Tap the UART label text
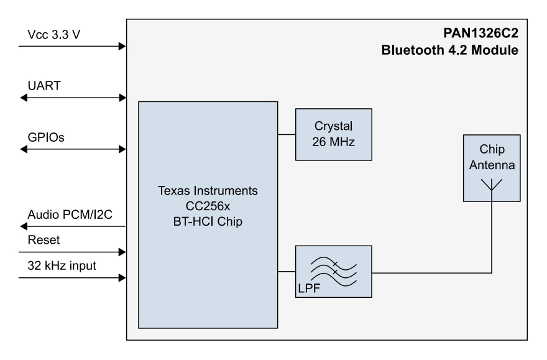point(44,85)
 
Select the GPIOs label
point(46,137)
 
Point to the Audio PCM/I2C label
point(69,215)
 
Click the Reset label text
point(44,240)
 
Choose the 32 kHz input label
point(62,265)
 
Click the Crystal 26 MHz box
point(333,134)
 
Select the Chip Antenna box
point(491,168)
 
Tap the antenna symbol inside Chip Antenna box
point(492,185)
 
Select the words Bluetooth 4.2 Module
point(449,50)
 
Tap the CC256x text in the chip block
point(208,206)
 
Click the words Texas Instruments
point(208,190)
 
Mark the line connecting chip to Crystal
point(286,134)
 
